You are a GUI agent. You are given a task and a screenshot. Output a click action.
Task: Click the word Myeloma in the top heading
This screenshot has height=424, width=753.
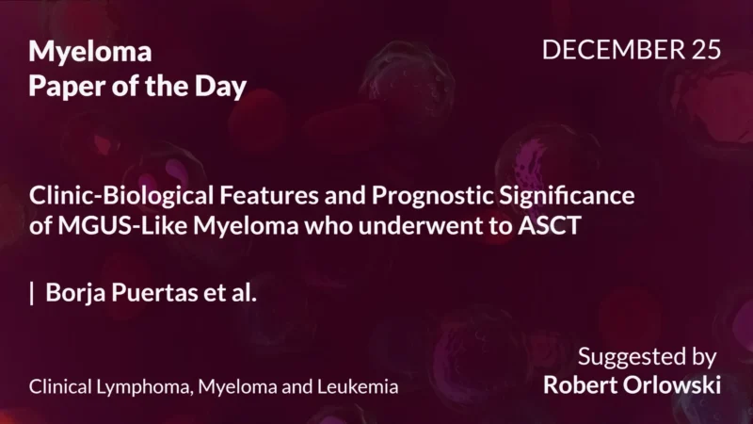point(90,51)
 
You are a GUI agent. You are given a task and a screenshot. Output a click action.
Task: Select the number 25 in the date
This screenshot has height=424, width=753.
point(706,51)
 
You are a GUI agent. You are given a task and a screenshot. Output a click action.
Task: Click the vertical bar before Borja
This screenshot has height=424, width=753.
point(32,292)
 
